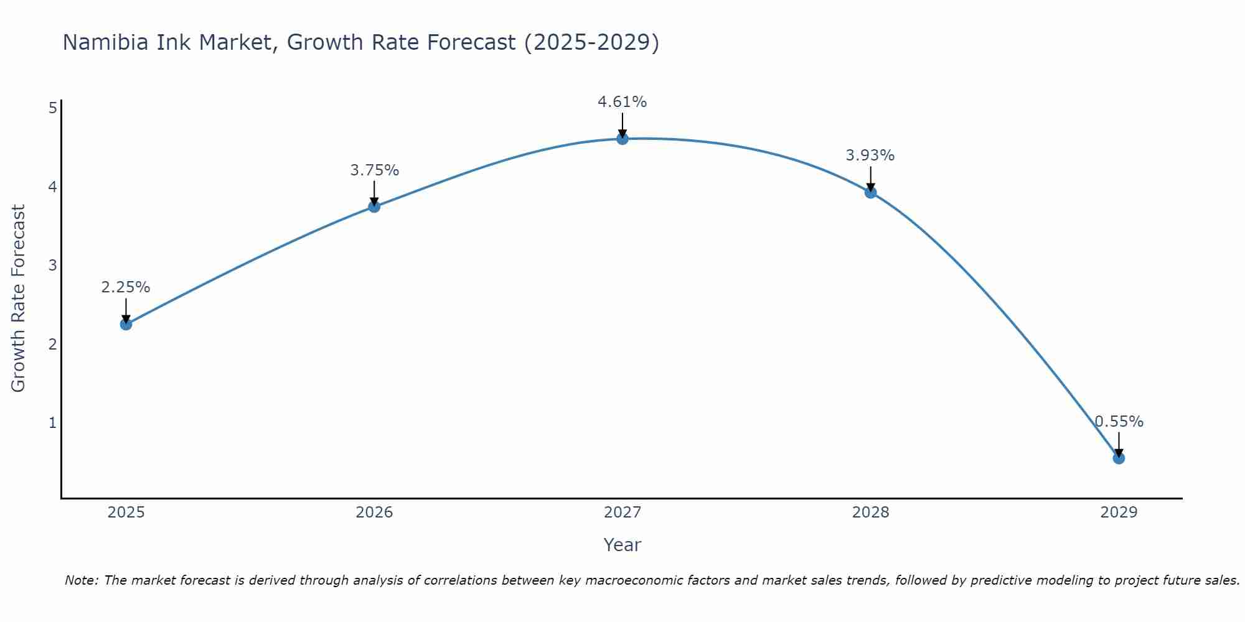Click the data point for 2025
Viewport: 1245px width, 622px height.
[x=126, y=324]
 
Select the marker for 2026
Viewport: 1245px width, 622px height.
[x=374, y=207]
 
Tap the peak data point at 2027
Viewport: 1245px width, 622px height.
[x=622, y=139]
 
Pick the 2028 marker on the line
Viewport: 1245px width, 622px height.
[x=870, y=192]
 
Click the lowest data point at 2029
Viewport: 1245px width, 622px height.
[x=1119, y=458]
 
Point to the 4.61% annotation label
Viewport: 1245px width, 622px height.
[x=622, y=101]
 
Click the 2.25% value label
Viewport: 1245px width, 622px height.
[x=126, y=287]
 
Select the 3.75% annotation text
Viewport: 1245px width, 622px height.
[x=374, y=170]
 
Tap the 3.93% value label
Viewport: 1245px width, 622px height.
[x=870, y=155]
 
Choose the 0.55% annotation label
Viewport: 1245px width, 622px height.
[x=1119, y=422]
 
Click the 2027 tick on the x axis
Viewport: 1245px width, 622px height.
[x=622, y=513]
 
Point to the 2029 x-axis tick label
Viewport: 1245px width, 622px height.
[x=1119, y=513]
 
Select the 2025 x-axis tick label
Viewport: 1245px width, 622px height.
[x=126, y=513]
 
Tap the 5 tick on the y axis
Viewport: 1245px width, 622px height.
[x=52, y=108]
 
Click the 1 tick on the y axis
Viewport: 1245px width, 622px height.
[x=52, y=423]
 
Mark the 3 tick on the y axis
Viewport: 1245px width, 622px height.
[x=52, y=266]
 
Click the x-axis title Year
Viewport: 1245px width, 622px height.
[x=622, y=545]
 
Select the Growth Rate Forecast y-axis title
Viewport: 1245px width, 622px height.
[x=19, y=299]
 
